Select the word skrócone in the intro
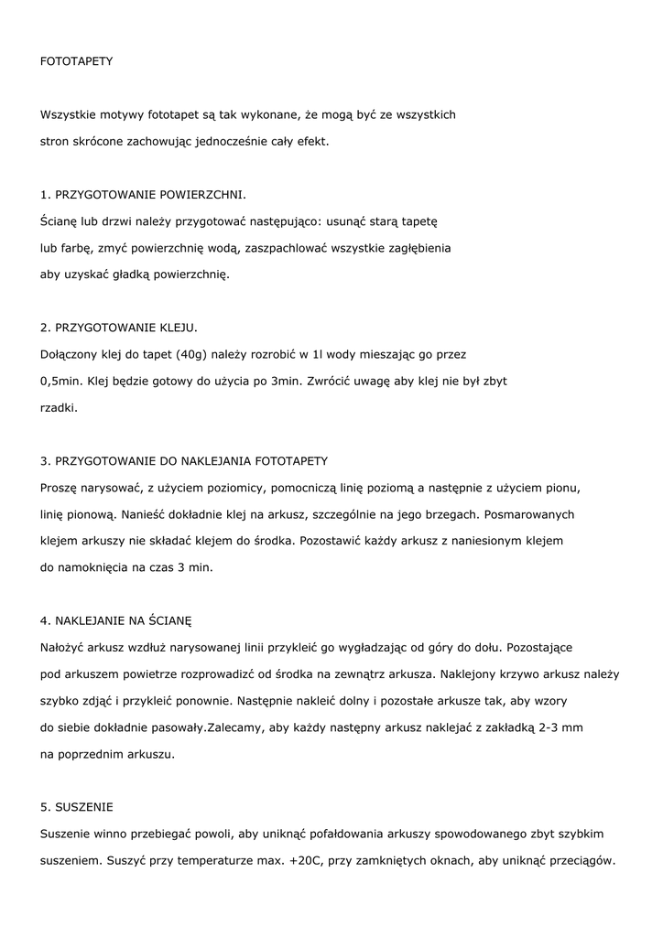point(100,142)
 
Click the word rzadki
point(60,406)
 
